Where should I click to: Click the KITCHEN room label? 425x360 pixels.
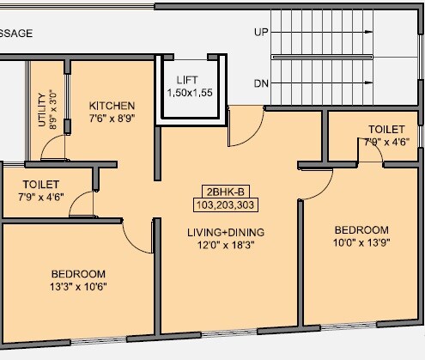point(112,106)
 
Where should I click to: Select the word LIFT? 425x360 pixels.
point(189,79)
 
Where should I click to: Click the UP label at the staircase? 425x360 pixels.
point(260,33)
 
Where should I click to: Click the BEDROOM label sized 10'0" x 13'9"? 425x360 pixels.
point(361,230)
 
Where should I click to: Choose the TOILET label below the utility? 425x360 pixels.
point(41,185)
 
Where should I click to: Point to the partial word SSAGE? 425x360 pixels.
point(16,33)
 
